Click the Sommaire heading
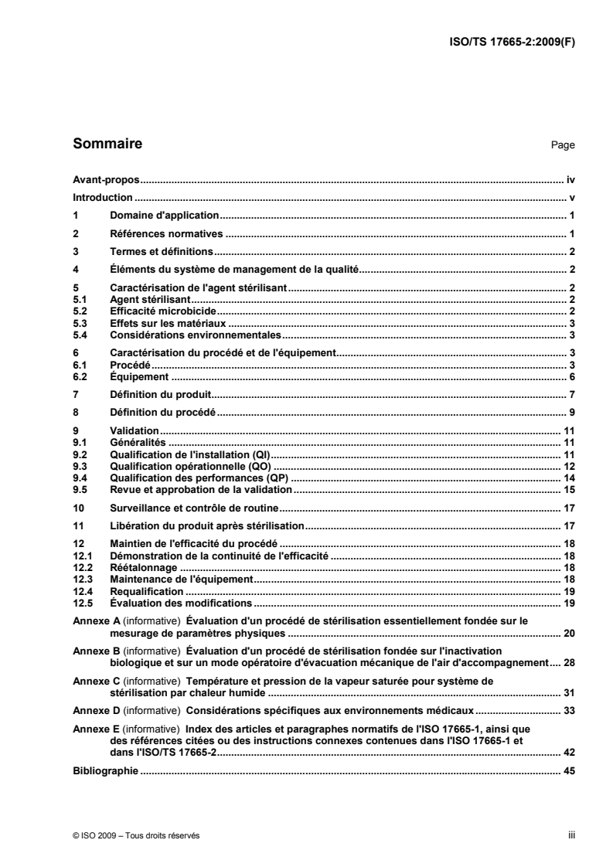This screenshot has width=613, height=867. [107, 143]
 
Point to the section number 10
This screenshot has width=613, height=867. [77, 508]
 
